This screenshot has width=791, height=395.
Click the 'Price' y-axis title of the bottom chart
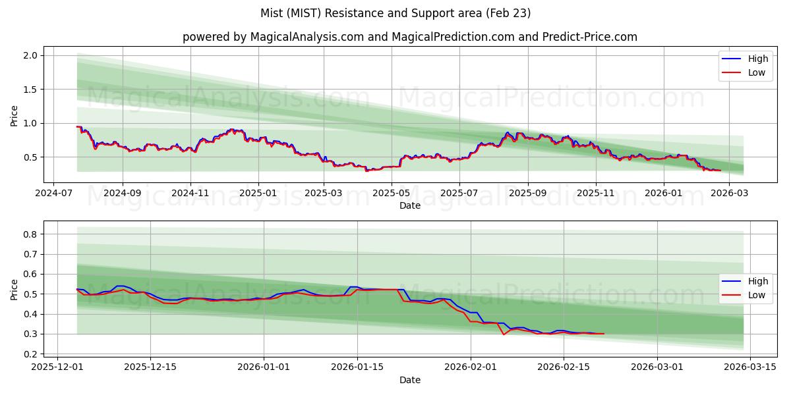click(15, 289)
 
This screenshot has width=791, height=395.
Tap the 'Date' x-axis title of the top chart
click(409, 206)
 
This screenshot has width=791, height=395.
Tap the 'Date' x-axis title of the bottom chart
click(409, 380)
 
